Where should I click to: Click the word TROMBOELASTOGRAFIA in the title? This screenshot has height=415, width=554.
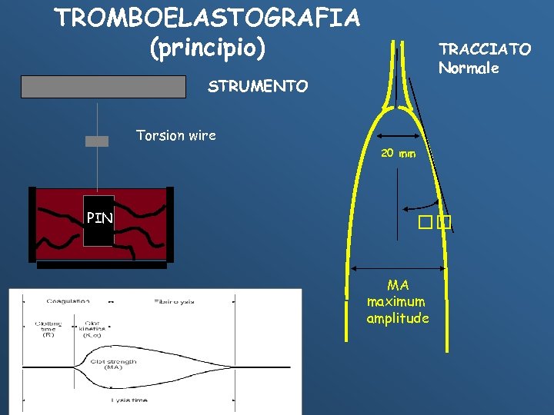pyautogui.click(x=207, y=17)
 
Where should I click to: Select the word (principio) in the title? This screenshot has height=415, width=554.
pyautogui.click(x=207, y=48)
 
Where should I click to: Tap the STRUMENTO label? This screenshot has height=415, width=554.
pyautogui.click(x=258, y=87)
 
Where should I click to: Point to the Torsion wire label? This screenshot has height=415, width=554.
pyautogui.click(x=175, y=136)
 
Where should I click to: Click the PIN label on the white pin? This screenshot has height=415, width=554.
pyautogui.click(x=99, y=218)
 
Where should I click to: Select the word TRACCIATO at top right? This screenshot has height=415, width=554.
pyautogui.click(x=485, y=49)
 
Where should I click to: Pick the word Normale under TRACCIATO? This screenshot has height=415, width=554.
pyautogui.click(x=469, y=68)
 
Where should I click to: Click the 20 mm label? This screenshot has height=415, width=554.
pyautogui.click(x=398, y=153)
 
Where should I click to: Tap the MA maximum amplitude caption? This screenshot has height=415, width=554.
pyautogui.click(x=398, y=301)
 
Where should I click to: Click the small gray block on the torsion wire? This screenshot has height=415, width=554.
pyautogui.click(x=97, y=141)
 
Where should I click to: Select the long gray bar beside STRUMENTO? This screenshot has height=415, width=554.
pyautogui.click(x=104, y=87)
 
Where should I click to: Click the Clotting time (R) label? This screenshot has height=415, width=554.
pyautogui.click(x=48, y=329)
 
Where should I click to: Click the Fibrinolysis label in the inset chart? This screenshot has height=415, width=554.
pyautogui.click(x=175, y=300)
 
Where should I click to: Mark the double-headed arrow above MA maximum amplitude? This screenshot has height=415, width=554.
pyautogui.click(x=398, y=268)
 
